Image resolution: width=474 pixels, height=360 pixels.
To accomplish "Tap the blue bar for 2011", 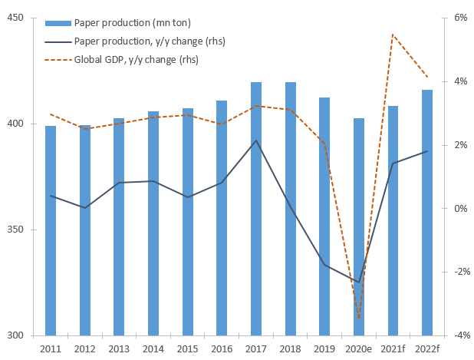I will tap(51, 230).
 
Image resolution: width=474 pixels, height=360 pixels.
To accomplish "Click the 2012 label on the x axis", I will tap(84, 349).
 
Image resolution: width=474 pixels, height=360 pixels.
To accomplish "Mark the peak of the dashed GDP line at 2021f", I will tap(392, 35).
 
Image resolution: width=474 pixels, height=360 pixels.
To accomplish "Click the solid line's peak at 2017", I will tap(255, 140).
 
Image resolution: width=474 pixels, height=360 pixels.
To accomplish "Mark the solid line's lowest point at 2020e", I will tap(358, 282).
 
